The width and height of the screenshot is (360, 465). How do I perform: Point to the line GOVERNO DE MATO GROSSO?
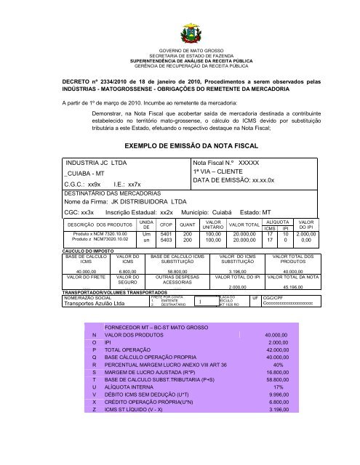180,49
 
